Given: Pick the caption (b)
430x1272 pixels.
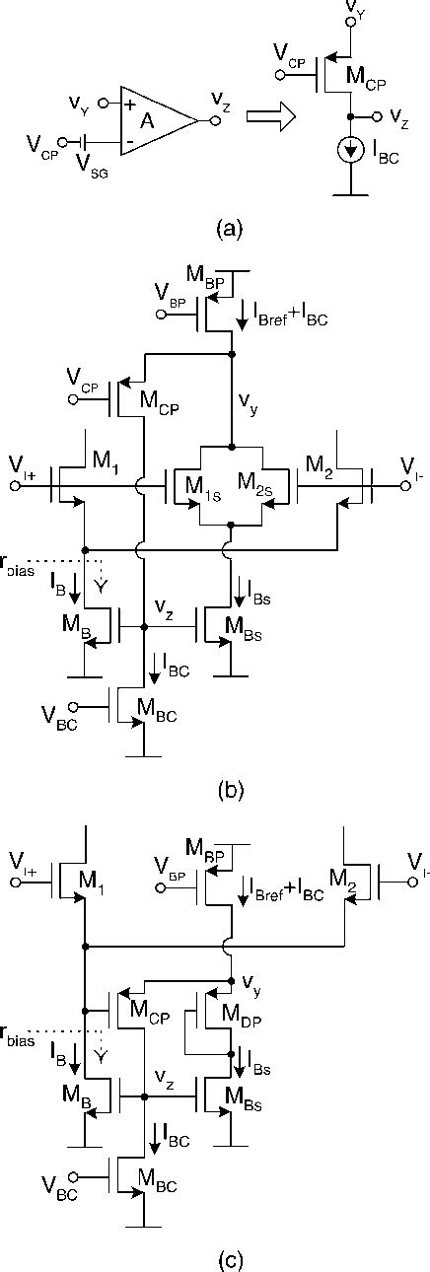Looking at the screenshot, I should pos(228,789).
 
